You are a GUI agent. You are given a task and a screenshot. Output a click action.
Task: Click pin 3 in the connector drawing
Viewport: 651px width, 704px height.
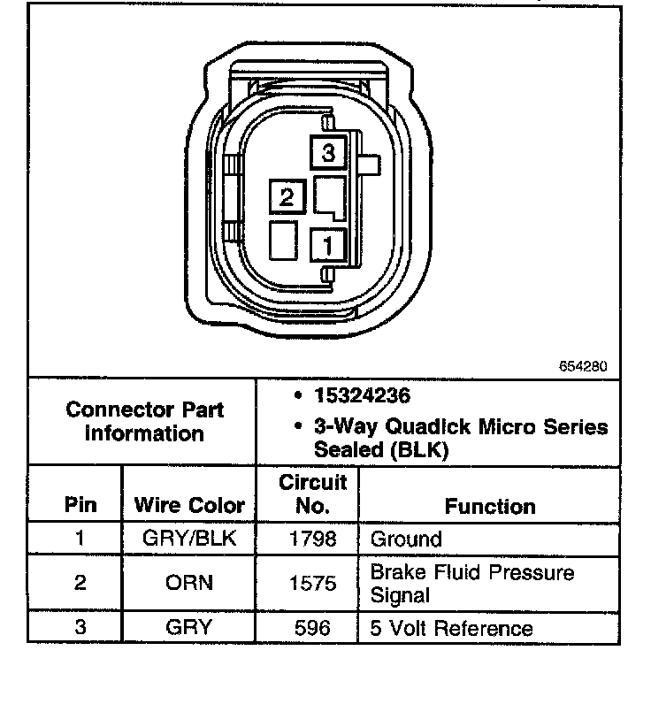point(328,153)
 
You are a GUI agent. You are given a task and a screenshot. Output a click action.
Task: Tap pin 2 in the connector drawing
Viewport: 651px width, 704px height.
point(286,196)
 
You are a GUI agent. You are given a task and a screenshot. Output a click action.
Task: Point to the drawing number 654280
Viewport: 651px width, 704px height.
point(583,364)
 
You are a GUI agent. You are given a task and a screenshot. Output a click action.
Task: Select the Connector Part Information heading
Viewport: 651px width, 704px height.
point(145,422)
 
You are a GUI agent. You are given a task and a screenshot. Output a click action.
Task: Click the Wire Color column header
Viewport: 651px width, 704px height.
point(188,506)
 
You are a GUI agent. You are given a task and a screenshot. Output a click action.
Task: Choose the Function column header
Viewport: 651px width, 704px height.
point(490,506)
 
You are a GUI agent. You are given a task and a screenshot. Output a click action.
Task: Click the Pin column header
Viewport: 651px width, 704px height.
point(80,506)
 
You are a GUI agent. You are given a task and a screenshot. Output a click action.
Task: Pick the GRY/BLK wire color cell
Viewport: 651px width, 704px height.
point(188,539)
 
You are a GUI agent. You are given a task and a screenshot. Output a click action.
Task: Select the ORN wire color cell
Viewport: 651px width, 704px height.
point(188,584)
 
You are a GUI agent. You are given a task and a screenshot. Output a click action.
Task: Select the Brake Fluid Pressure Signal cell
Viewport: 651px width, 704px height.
point(471,584)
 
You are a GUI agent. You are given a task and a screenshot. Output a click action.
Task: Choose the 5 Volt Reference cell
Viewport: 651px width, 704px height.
point(452,629)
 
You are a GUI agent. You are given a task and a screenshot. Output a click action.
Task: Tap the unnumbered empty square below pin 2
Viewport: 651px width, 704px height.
point(286,240)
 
